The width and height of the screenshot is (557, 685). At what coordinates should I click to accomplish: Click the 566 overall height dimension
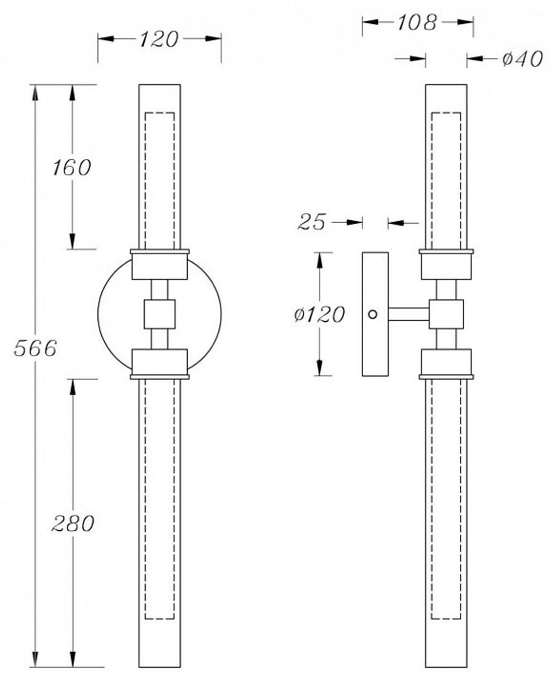point(35,349)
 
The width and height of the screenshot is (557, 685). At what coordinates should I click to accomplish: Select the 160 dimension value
point(72,167)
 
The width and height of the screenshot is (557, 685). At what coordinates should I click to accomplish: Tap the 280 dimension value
point(73,523)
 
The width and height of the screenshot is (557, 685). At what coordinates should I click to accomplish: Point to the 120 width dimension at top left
point(159,39)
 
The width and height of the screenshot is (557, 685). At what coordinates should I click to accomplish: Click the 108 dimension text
point(417,22)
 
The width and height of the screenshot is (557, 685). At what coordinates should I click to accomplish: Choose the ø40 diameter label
point(522,58)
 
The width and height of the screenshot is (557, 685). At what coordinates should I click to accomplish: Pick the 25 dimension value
point(311,222)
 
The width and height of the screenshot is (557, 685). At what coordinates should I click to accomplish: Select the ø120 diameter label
point(320,315)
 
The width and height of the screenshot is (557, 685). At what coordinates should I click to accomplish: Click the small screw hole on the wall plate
point(372,314)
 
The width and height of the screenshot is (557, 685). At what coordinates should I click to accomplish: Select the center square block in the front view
point(159,314)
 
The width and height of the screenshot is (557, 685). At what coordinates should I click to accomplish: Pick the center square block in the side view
point(446,314)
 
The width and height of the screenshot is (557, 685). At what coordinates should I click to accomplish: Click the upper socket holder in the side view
point(446,266)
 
